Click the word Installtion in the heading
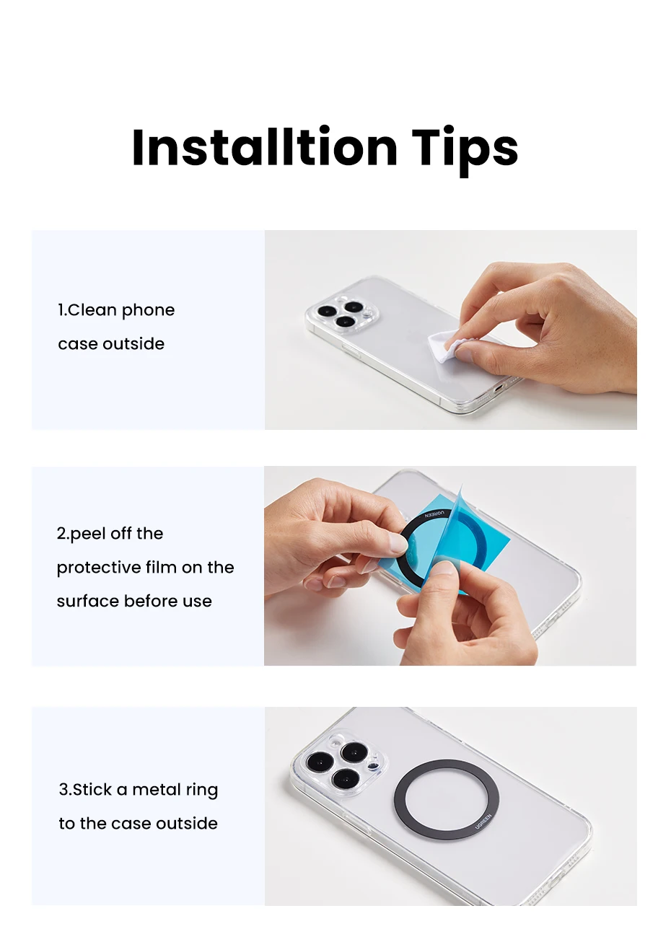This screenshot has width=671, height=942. point(265,147)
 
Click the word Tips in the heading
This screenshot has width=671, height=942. point(465,151)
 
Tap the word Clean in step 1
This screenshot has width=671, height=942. point(92,310)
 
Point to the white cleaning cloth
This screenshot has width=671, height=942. point(446,345)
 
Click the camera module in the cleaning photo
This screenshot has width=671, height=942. point(341,314)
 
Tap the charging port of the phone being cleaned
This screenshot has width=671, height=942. point(498,387)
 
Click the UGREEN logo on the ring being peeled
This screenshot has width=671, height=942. point(434,514)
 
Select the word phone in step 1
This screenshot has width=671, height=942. point(148,311)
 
